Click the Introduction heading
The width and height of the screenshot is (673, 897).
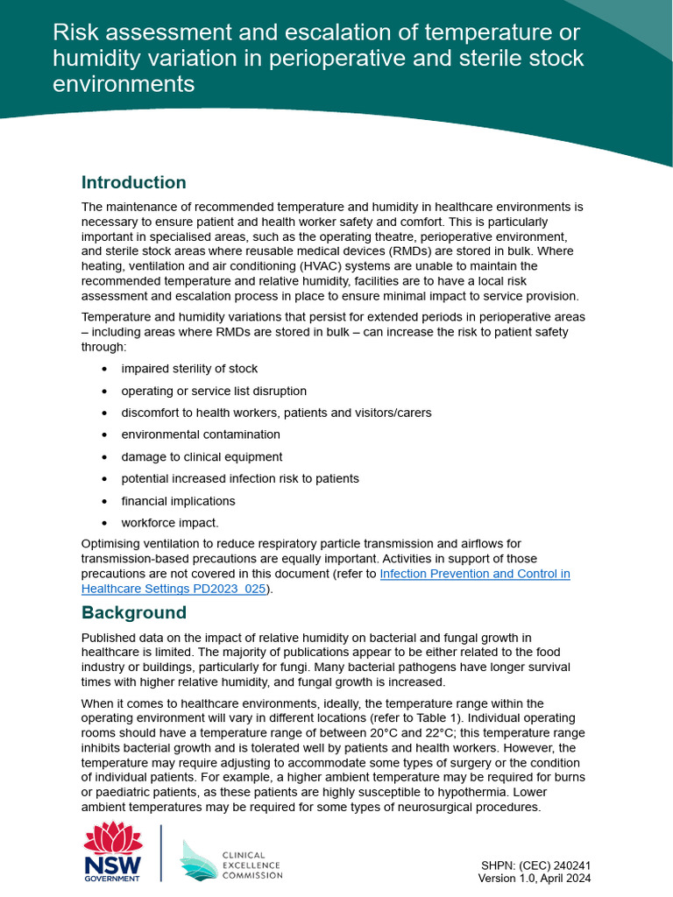(133, 182)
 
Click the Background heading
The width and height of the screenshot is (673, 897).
(133, 612)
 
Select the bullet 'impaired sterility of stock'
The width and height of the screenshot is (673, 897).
(189, 369)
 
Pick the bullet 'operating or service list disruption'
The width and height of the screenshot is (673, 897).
(214, 391)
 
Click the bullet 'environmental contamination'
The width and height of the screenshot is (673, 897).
(201, 434)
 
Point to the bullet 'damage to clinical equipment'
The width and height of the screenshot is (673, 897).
(202, 456)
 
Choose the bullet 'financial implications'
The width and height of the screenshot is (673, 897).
(178, 501)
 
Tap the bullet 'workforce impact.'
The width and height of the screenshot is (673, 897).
(170, 523)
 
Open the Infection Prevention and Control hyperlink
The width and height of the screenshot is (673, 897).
(474, 574)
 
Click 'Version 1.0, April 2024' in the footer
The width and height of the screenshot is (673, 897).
(534, 878)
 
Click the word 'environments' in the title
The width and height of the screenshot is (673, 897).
(124, 84)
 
